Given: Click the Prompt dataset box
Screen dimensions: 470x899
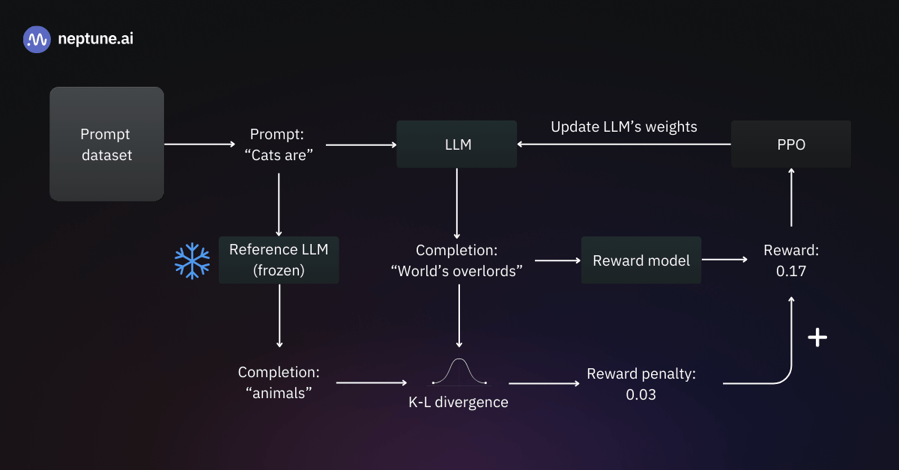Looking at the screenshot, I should [x=106, y=144].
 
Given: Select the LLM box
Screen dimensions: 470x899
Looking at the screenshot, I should [x=456, y=144].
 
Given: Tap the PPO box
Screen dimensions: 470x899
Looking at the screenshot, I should [x=790, y=144].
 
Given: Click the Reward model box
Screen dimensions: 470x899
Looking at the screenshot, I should [x=641, y=260].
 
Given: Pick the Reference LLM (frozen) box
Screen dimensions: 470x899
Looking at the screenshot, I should [x=279, y=260].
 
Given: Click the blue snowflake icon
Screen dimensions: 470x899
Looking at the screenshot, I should [x=193, y=260].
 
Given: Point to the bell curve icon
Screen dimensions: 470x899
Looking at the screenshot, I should [x=458, y=372].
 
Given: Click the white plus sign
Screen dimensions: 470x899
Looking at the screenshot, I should [x=817, y=338].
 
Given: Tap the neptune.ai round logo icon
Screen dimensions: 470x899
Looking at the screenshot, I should [x=37, y=40].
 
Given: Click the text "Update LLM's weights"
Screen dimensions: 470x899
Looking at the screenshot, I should [x=624, y=126].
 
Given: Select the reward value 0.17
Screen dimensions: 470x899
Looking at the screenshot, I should [x=790, y=272].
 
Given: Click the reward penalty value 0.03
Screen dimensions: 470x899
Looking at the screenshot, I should [x=641, y=394].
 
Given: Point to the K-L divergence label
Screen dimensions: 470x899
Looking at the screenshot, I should [x=458, y=403].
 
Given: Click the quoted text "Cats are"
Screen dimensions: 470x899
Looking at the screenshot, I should [x=279, y=155].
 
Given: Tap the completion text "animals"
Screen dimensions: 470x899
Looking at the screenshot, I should [x=279, y=393].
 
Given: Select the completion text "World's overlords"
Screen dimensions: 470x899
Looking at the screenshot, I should [x=457, y=271].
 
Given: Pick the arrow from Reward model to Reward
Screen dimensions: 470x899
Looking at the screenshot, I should [x=724, y=260].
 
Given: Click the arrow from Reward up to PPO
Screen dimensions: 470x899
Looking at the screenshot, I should [x=791, y=198].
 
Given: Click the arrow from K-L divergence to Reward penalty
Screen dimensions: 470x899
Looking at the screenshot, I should [x=544, y=383].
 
